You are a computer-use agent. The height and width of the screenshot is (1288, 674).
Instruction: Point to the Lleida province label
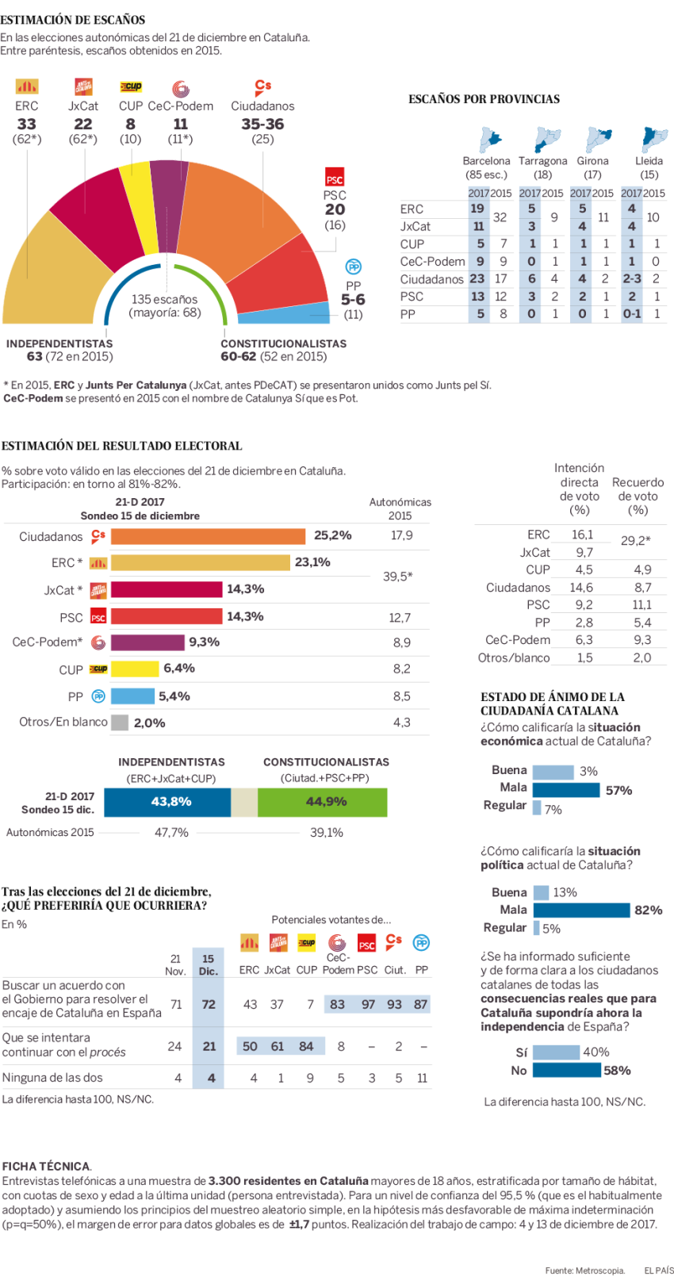pyautogui.click(x=649, y=161)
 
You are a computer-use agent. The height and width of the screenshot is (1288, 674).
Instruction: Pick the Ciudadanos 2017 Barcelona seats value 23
pyautogui.click(x=477, y=279)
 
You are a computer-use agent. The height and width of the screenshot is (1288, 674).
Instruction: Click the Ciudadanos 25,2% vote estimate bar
pyautogui.click(x=208, y=536)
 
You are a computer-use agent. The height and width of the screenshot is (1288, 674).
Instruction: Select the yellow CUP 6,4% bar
pyautogui.click(x=135, y=669)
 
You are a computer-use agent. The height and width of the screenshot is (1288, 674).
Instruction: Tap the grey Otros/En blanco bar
pyautogui.click(x=120, y=723)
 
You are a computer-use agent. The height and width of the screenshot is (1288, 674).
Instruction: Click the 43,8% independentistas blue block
pyautogui.click(x=167, y=802)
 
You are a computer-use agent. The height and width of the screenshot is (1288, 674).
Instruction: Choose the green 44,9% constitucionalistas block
pyautogui.click(x=323, y=802)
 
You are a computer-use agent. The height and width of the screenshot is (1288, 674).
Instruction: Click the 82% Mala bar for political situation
pyautogui.click(x=581, y=910)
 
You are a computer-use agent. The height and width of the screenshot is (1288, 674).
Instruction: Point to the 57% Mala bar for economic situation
pyautogui.click(x=566, y=790)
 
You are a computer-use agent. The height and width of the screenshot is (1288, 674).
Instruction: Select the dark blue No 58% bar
pyautogui.click(x=566, y=1071)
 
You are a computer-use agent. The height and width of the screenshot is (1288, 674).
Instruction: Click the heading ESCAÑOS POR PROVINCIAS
pyautogui.click(x=484, y=99)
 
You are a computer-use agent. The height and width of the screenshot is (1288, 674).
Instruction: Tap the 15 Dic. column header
pyautogui.click(x=209, y=964)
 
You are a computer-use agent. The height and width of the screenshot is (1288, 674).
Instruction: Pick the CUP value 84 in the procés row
pyautogui.click(x=306, y=1046)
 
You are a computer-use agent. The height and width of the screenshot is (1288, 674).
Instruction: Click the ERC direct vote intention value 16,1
pyautogui.click(x=582, y=535)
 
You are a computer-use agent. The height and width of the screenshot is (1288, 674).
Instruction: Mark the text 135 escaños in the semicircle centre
pyautogui.click(x=164, y=299)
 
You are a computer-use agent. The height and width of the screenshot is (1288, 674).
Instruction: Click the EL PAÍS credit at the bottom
pyautogui.click(x=658, y=1271)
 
